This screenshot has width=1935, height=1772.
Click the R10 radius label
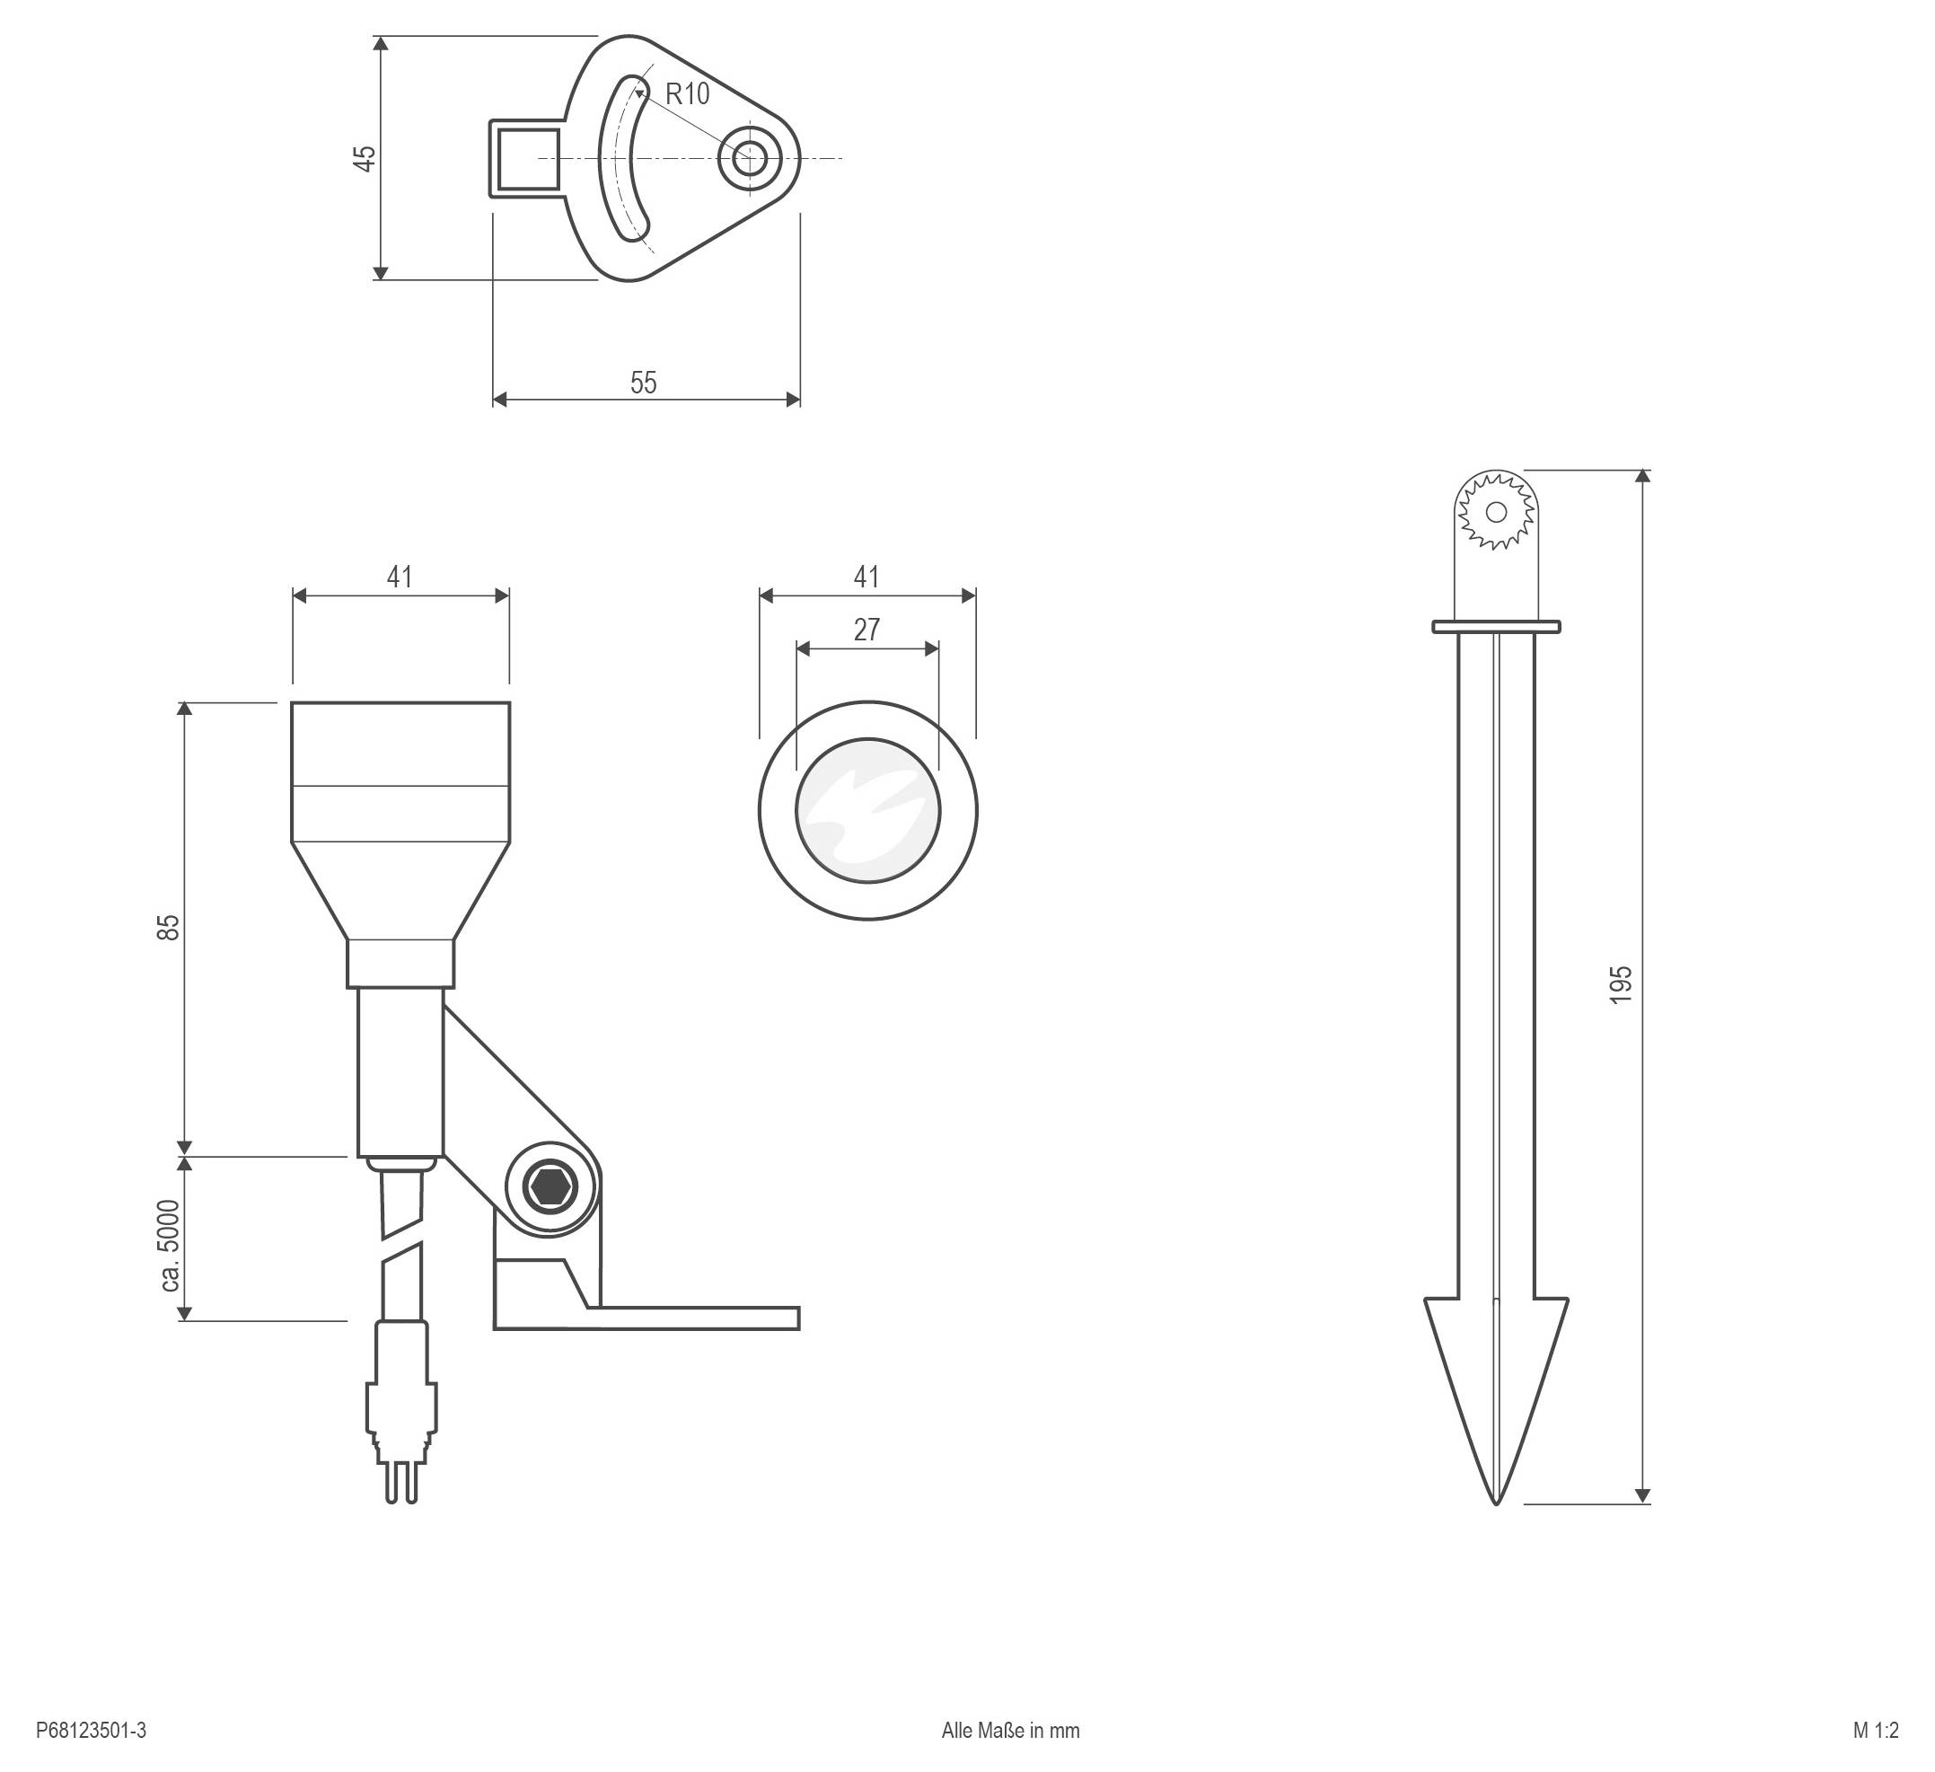coord(687,94)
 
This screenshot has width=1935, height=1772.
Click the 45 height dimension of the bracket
coord(365,158)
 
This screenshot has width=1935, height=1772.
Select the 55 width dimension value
coord(643,383)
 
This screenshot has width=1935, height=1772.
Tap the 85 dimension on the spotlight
coord(168,927)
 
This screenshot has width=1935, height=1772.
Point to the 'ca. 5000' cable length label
coord(168,1245)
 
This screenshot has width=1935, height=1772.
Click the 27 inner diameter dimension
coord(866,630)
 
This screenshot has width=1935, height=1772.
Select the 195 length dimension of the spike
coord(1619,985)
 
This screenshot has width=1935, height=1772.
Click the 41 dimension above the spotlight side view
coord(400,577)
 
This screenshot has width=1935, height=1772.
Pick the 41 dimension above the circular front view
coord(866,577)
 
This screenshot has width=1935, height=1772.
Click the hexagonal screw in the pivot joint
coord(551,1187)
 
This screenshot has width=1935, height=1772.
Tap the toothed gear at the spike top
coord(1495,512)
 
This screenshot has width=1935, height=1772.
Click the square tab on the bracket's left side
coord(527,158)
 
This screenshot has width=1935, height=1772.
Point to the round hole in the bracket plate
coord(749,158)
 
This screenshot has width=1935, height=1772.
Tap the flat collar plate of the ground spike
coord(1495,627)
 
